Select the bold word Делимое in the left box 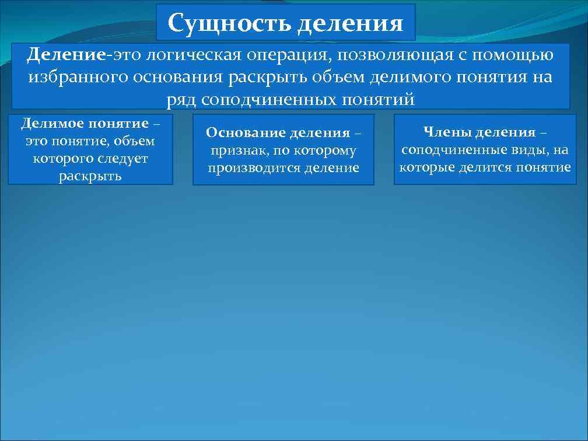point(52,124)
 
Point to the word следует point(125,158)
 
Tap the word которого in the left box point(64,158)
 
